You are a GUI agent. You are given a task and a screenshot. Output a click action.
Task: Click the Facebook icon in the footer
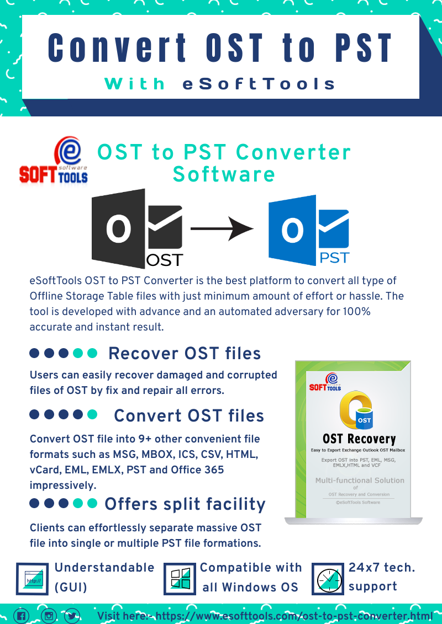point(22,616)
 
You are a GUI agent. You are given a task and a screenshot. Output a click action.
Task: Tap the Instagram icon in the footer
point(48,616)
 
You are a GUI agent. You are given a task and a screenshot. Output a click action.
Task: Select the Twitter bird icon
point(72,616)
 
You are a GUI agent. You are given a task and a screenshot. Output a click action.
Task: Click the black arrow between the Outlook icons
point(222,228)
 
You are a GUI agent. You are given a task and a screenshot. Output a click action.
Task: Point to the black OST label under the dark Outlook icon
point(165,260)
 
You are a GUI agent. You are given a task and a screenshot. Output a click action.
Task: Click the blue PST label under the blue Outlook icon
point(334,258)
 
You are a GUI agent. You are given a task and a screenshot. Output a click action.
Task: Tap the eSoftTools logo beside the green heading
point(54,161)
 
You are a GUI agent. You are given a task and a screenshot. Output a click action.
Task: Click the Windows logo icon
point(180,579)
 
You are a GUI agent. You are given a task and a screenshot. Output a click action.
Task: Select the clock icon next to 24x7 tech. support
point(328,579)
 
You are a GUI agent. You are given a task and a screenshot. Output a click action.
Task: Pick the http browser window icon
point(32,579)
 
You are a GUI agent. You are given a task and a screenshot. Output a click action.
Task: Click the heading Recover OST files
point(185,354)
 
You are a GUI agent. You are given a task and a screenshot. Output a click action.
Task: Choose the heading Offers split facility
point(185,504)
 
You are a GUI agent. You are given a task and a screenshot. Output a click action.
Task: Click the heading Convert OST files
point(189,416)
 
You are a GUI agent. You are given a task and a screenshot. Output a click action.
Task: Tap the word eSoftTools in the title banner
point(259,84)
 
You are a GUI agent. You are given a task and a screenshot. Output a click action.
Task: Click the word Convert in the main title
point(117,48)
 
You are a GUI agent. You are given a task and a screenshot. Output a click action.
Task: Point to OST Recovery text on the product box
point(359,439)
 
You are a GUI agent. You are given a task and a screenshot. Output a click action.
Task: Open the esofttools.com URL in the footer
point(294,616)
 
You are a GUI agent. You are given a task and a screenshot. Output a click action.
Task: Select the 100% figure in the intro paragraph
point(356,311)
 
